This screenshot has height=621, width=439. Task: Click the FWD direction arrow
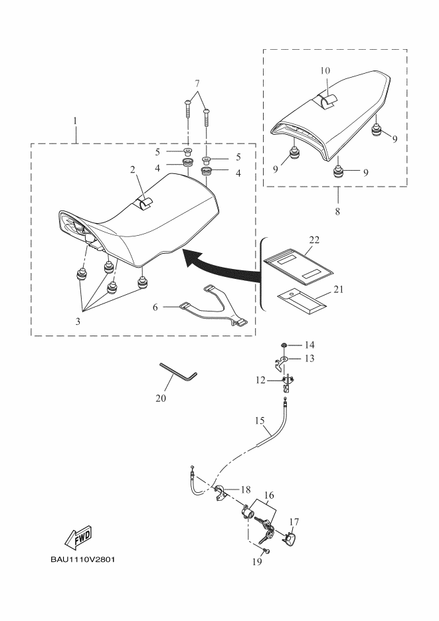(78, 535)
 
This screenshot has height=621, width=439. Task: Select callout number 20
(161, 399)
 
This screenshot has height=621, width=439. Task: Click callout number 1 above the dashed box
(75, 121)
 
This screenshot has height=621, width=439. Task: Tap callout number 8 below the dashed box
(337, 211)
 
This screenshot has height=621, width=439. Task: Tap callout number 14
(309, 345)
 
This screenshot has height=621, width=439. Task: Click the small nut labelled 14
(284, 345)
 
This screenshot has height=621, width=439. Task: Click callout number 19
(257, 562)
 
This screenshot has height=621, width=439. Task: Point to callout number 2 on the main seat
(133, 169)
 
